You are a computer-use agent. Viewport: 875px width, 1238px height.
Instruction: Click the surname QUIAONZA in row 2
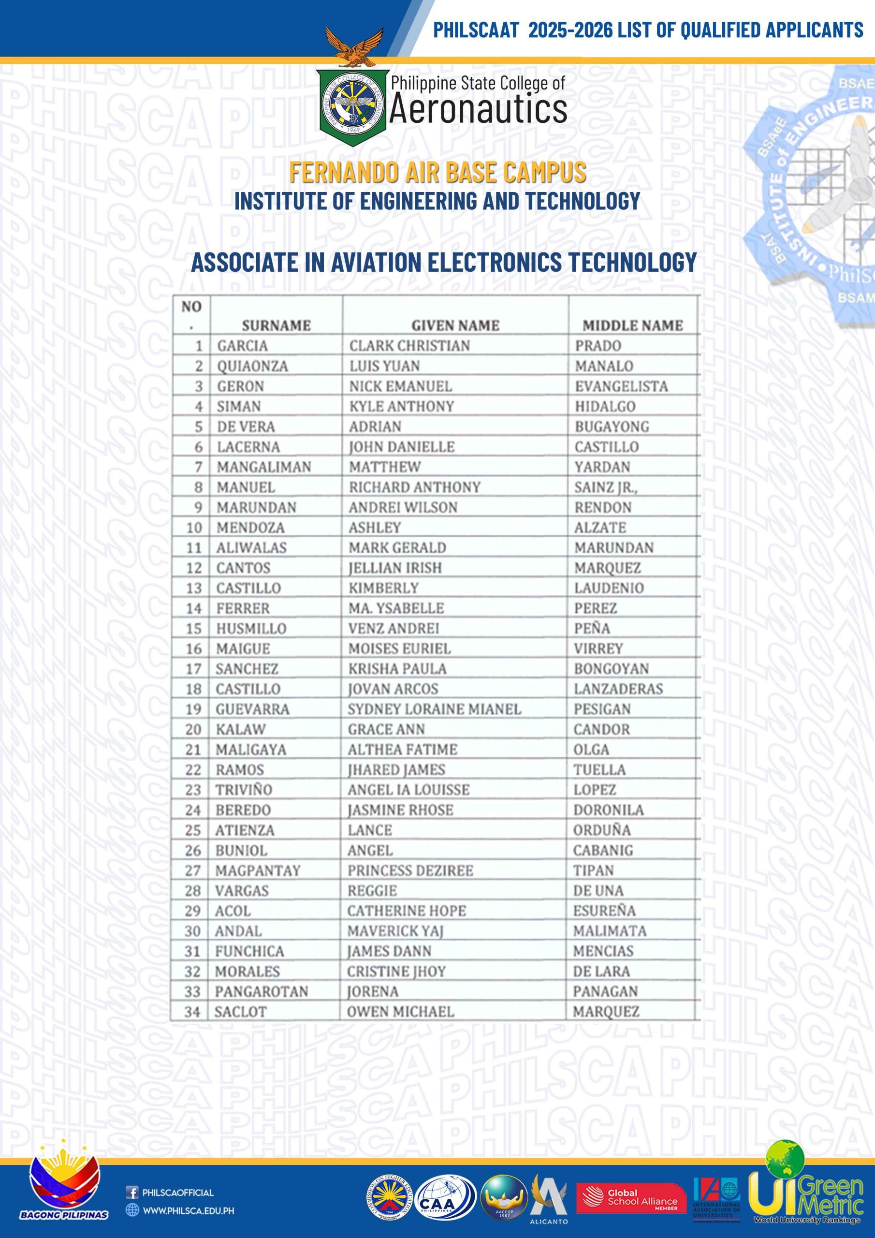[252, 366]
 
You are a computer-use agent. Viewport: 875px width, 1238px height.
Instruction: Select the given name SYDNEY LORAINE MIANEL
[434, 709]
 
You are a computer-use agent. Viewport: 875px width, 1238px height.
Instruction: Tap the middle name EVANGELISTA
[621, 386]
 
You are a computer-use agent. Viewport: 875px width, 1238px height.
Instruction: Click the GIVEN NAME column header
[455, 325]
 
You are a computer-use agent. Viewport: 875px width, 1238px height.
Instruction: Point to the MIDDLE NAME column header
[632, 325]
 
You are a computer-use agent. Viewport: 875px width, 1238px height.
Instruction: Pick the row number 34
[192, 1012]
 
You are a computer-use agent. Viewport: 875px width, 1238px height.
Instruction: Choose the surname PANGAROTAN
[262, 991]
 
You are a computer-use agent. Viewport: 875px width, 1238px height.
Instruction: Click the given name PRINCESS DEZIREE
[410, 871]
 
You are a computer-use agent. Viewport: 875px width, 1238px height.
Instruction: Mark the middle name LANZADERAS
[618, 689]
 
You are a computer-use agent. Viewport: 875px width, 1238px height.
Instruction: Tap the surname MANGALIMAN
[263, 467]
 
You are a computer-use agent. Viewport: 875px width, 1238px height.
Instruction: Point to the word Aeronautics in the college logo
[478, 109]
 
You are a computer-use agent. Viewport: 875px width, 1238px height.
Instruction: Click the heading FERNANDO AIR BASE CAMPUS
[437, 172]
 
